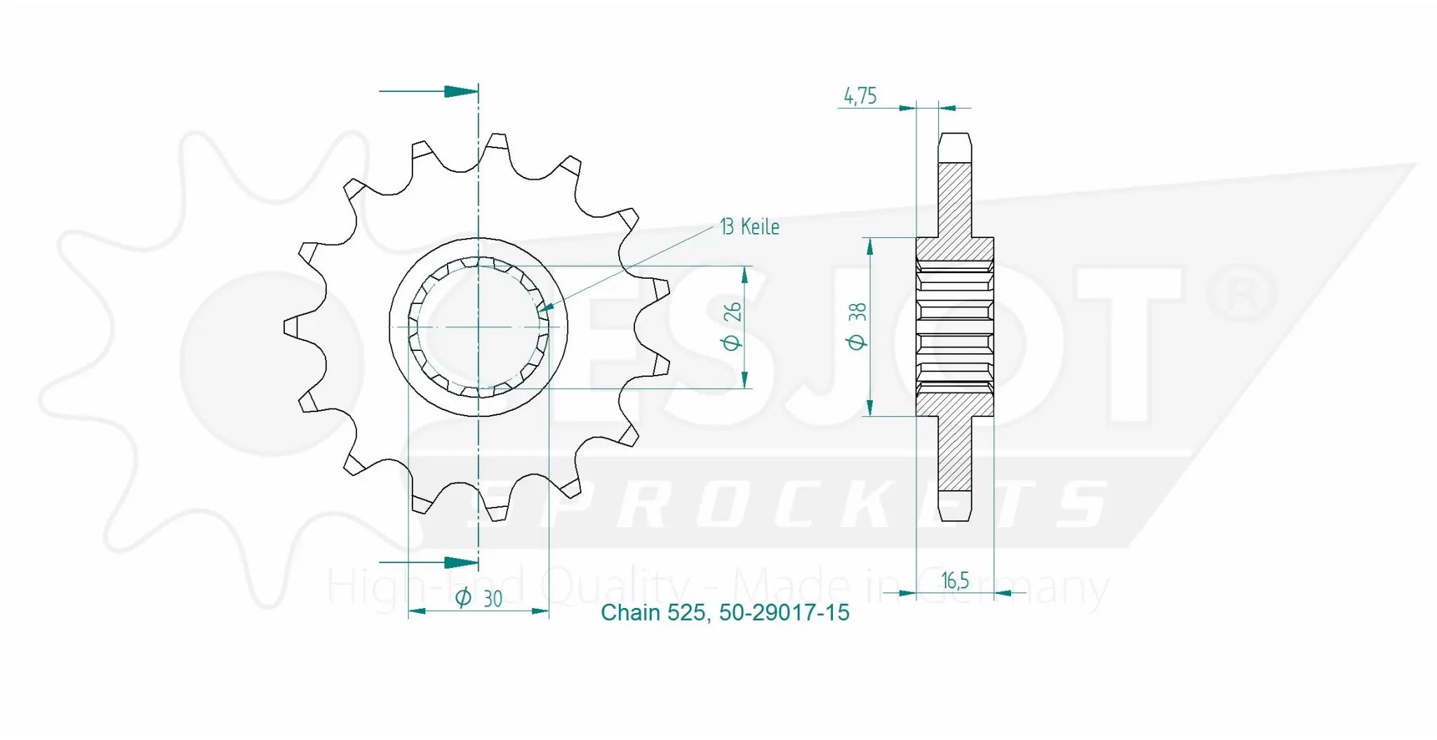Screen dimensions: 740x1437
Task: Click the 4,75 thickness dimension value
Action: [x=860, y=95]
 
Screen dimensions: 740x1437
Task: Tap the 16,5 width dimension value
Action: [x=954, y=581]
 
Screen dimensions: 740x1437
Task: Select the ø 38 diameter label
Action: [x=857, y=326]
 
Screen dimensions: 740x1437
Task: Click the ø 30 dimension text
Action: [x=479, y=598]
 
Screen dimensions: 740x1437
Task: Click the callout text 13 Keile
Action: [x=749, y=227]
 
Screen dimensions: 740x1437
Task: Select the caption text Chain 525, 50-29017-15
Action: [x=725, y=613]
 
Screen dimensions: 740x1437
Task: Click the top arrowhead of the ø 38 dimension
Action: [x=870, y=246]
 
